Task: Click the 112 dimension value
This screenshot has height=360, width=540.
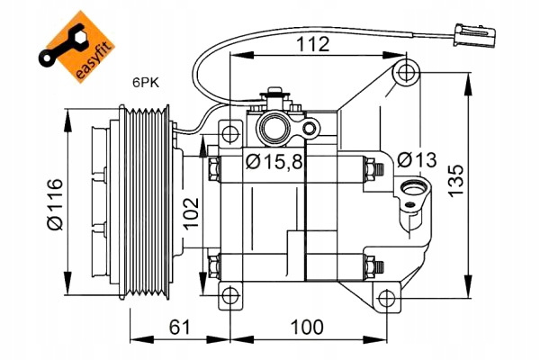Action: pyautogui.click(x=312, y=44)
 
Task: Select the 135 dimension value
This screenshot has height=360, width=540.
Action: pyautogui.click(x=456, y=181)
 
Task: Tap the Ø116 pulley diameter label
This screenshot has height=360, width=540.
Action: pyautogui.click(x=56, y=204)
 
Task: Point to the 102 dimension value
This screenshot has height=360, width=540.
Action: pyautogui.click(x=191, y=213)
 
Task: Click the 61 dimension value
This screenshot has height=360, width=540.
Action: pyautogui.click(x=180, y=327)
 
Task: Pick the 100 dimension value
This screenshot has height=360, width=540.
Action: pyautogui.click(x=307, y=327)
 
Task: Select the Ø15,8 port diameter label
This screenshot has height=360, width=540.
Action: pyautogui.click(x=274, y=162)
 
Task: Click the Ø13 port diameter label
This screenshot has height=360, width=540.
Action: pyautogui.click(x=417, y=160)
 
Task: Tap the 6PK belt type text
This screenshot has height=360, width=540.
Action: pyautogui.click(x=146, y=83)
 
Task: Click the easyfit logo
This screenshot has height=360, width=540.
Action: pyautogui.click(x=76, y=46)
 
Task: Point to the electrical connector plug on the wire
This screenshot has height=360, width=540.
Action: pyautogui.click(x=472, y=35)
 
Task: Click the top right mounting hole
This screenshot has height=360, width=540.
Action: pyautogui.click(x=406, y=73)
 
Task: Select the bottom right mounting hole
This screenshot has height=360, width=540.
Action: pyautogui.click(x=387, y=298)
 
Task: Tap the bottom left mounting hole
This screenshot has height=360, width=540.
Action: pyautogui.click(x=230, y=296)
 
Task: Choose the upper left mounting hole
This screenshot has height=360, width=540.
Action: pyautogui.click(x=230, y=132)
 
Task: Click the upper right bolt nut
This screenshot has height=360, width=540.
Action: pyautogui.click(x=371, y=169)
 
